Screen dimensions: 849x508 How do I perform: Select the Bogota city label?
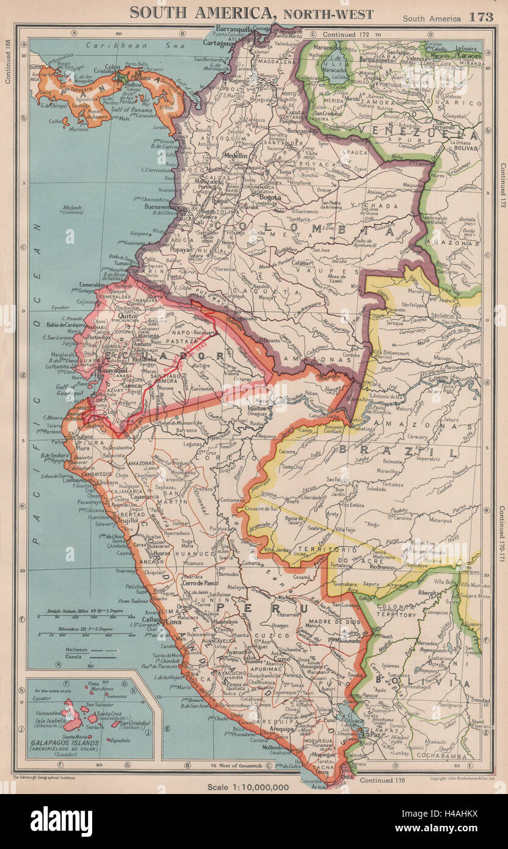(x=270, y=197)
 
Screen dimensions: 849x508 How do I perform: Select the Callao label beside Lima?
(x=153, y=619)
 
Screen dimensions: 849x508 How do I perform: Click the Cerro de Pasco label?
(x=200, y=583)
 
